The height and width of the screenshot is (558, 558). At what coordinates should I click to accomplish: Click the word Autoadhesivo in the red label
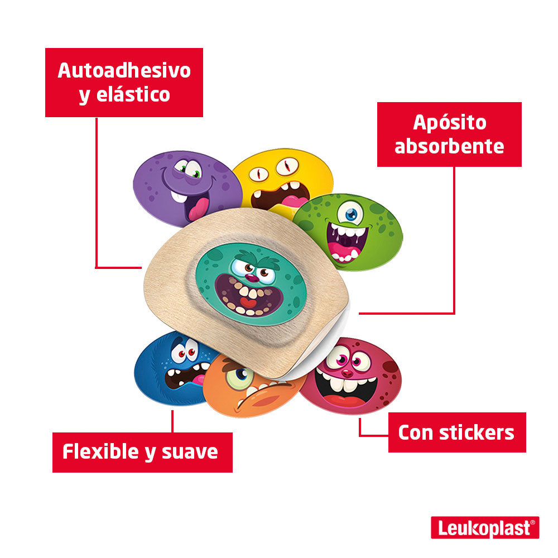point(124,70)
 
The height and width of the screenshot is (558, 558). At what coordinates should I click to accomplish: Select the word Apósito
point(449,123)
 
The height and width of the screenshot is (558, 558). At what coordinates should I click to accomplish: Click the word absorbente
point(449,146)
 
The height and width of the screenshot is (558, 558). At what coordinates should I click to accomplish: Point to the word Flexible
point(100,451)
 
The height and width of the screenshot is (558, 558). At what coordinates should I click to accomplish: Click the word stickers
point(477,433)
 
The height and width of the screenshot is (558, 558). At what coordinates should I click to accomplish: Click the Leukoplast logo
point(485,527)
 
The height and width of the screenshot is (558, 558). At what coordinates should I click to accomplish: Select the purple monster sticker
point(185,187)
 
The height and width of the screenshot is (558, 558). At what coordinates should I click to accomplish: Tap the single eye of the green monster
point(350,214)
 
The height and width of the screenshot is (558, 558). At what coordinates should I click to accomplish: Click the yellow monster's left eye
point(259,174)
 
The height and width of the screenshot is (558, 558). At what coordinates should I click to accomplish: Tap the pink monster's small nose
point(347,373)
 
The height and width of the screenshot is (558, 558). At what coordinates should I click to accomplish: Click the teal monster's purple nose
point(252,277)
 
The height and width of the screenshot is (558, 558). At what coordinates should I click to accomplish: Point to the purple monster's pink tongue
point(198,209)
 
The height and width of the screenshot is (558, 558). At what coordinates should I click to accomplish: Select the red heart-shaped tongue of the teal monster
point(248,303)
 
